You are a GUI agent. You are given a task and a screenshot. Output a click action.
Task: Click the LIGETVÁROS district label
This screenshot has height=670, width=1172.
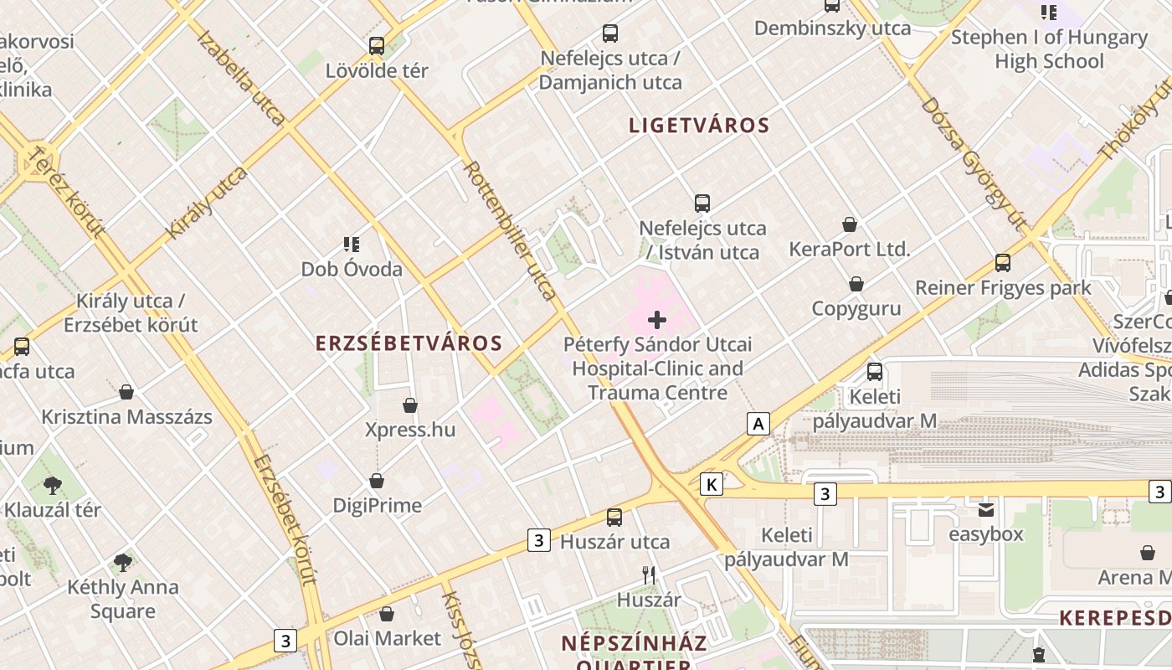tap(699, 126)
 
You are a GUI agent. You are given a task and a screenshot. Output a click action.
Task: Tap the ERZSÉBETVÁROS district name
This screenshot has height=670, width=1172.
tap(409, 343)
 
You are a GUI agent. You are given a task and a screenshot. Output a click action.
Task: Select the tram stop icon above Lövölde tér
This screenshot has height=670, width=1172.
tap(377, 46)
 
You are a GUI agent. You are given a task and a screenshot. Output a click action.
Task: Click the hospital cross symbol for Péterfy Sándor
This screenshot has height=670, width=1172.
tap(657, 319)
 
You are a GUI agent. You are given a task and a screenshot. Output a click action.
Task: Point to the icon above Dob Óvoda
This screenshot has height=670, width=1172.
tap(352, 245)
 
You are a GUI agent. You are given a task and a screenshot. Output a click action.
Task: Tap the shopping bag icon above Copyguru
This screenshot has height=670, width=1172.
tap(856, 284)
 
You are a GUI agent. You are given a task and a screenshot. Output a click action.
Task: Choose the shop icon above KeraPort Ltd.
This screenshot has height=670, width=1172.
tap(850, 224)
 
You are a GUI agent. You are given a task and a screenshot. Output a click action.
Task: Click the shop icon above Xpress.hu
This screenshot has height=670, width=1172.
tap(410, 405)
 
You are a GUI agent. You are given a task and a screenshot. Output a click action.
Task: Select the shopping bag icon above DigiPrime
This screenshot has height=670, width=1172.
tap(377, 481)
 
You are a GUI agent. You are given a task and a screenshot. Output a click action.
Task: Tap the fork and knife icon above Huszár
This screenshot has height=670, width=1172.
tap(649, 575)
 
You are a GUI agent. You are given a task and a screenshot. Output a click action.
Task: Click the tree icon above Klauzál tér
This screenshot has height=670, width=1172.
tap(52, 485)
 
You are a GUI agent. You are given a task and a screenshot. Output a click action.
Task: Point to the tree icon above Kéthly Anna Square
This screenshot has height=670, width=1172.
tap(123, 562)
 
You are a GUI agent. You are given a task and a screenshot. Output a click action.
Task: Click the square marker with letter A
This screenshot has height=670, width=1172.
tap(758, 424)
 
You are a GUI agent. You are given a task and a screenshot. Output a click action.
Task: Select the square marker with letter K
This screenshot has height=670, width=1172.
tap(712, 484)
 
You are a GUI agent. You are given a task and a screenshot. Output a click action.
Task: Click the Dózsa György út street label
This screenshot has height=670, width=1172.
tap(974, 163)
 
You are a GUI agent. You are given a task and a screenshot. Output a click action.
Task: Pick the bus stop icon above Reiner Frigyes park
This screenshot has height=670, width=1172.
tap(1003, 263)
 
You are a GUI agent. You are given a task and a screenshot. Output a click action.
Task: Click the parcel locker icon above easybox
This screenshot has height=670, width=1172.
tap(986, 509)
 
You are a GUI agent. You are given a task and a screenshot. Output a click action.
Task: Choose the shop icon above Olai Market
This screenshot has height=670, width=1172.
tap(387, 614)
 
